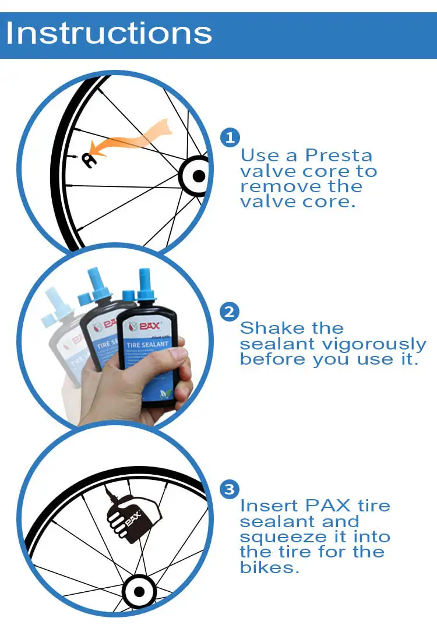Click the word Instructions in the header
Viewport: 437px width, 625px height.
tap(109, 33)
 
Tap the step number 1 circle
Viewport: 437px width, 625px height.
tap(230, 137)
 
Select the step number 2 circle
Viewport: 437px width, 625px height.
tap(230, 312)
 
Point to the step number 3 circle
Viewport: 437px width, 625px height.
tap(230, 489)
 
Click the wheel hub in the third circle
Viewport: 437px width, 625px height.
tap(139, 592)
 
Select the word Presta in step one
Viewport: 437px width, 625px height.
tap(339, 156)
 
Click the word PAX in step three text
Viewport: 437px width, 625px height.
tap(327, 506)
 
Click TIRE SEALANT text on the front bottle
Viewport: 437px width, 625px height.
tap(147, 344)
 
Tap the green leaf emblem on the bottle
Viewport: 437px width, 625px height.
tap(165, 394)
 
